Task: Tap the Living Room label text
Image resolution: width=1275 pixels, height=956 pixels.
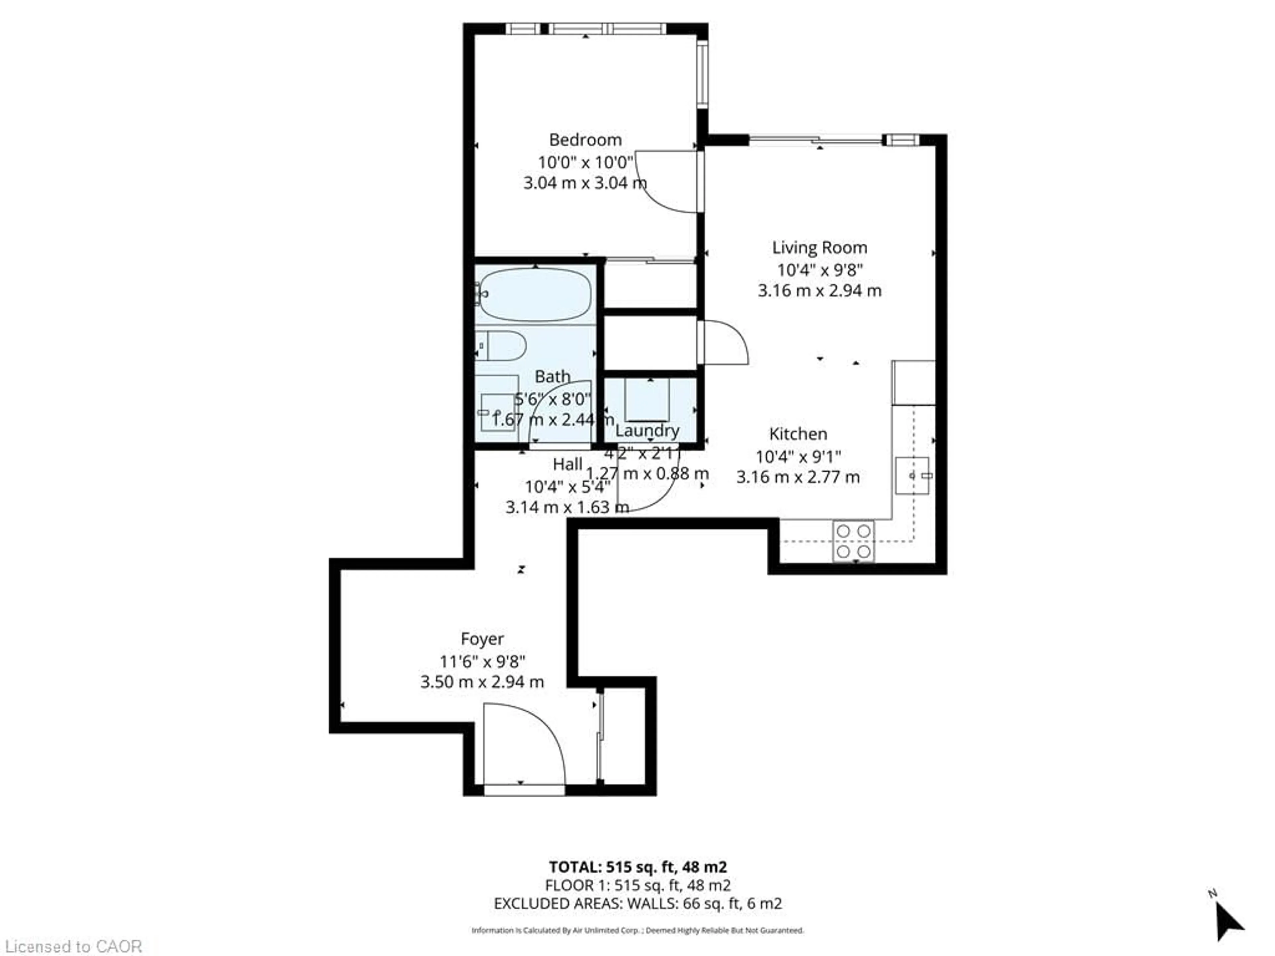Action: click(819, 248)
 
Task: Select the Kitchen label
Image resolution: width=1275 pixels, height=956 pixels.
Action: click(798, 434)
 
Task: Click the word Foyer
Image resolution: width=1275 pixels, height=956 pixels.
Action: click(482, 638)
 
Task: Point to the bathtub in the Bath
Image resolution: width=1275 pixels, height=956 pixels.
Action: click(535, 294)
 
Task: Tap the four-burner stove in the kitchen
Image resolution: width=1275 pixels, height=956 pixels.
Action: click(853, 540)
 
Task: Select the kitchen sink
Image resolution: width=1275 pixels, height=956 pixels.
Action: click(912, 475)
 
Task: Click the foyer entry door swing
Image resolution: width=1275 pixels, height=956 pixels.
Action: click(522, 743)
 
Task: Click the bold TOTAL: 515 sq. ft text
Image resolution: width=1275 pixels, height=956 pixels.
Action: click(637, 867)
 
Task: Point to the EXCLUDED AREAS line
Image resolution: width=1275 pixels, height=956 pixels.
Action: click(637, 904)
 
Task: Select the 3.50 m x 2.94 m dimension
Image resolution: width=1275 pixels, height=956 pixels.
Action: click(482, 682)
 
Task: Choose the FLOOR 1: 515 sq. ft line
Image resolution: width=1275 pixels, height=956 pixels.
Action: click(637, 885)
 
